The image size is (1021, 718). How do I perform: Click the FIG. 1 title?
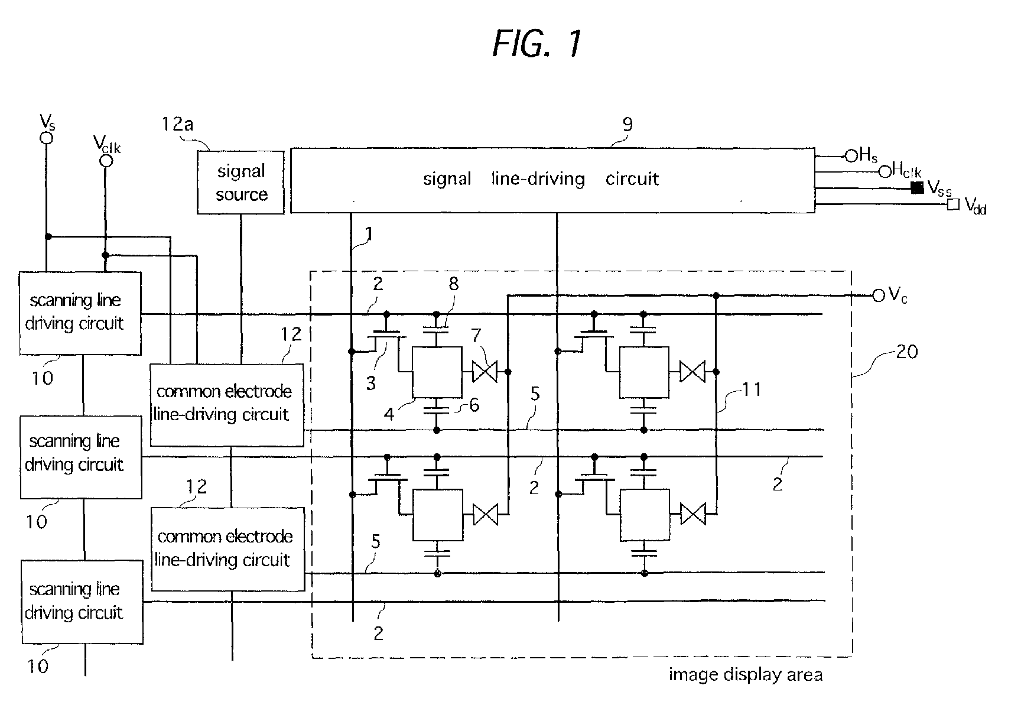[x=537, y=43]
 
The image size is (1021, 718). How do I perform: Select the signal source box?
[x=240, y=182]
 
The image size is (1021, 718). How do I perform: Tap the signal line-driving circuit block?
[x=552, y=180]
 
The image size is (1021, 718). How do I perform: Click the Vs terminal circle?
[x=46, y=138]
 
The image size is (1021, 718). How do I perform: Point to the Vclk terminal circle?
[x=106, y=160]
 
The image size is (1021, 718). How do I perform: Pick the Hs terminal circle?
[x=851, y=156]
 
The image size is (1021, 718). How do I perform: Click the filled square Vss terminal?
[x=917, y=188]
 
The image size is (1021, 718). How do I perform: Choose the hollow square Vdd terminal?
[x=952, y=204]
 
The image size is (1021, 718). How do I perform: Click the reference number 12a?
[x=178, y=124]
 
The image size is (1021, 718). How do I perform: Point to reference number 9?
[x=627, y=124]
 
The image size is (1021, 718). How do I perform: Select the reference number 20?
[x=906, y=352]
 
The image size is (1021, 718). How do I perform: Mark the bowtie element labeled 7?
[x=485, y=372]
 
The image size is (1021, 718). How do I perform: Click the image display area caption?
[x=746, y=675]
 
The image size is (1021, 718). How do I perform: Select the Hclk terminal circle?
[x=885, y=172]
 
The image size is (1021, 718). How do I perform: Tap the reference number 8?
[x=453, y=284]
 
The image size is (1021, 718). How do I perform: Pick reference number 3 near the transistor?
[x=370, y=383]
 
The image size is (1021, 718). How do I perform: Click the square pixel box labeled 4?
[x=437, y=372]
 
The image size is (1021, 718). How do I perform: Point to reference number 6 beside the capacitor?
[x=474, y=405]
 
